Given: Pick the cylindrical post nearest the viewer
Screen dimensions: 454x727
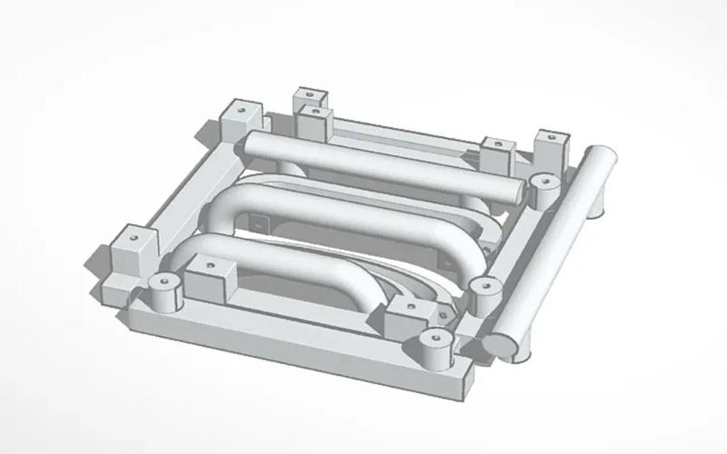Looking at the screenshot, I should click(433, 350).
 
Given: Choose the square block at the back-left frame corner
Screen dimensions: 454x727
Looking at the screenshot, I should click(238, 120).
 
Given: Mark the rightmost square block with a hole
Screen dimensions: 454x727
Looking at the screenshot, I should click(550, 147).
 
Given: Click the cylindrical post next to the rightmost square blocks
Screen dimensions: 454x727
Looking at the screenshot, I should click(543, 189).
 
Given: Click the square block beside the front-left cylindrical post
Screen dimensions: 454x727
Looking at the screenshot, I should click(208, 278).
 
